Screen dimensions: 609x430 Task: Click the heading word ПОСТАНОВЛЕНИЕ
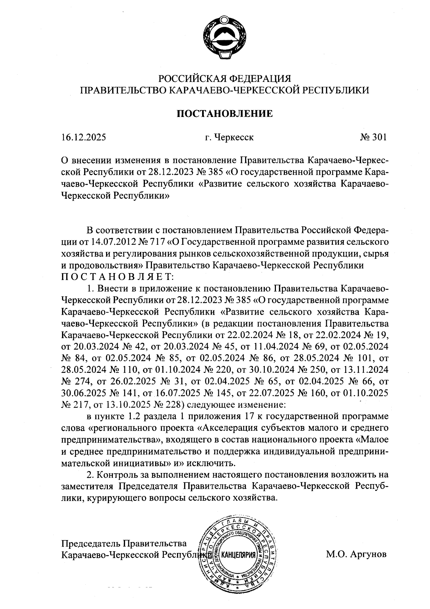click(x=225, y=114)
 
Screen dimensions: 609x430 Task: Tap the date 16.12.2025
click(x=83, y=137)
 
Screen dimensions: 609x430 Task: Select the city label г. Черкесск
click(x=229, y=137)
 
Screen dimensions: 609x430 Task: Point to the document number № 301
click(x=373, y=137)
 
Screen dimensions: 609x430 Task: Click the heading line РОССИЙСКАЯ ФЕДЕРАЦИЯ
click(x=225, y=79)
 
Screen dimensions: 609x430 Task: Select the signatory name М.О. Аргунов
click(x=356, y=554)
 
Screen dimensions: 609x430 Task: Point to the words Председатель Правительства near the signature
click(x=124, y=543)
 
